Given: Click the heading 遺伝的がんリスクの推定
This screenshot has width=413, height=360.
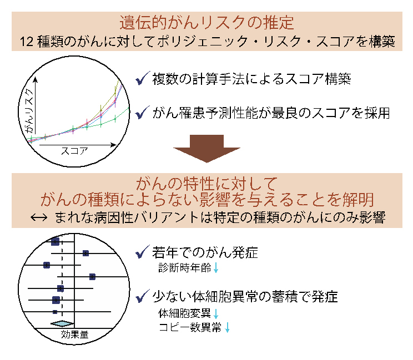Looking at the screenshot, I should coord(206,23).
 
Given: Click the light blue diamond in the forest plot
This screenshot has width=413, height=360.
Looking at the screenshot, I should coord(62,323).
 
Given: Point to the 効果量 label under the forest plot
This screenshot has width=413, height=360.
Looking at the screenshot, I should coord(74,335).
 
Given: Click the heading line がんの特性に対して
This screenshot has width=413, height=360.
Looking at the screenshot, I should coord(206,182).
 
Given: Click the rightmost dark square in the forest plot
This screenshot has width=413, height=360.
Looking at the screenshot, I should coord(93,276).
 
